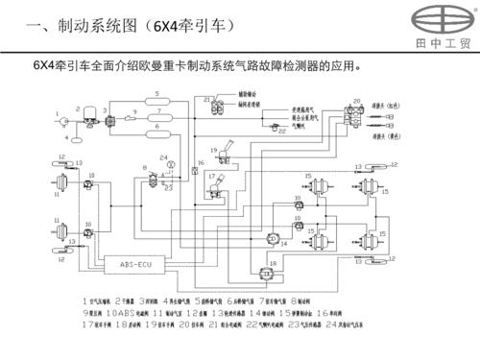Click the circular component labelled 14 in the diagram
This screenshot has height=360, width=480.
pos(274,236)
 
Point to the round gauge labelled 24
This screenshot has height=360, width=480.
pos(170,164)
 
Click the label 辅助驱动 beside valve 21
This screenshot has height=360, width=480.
pos(251,95)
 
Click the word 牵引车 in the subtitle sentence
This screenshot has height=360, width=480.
pos(65,67)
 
